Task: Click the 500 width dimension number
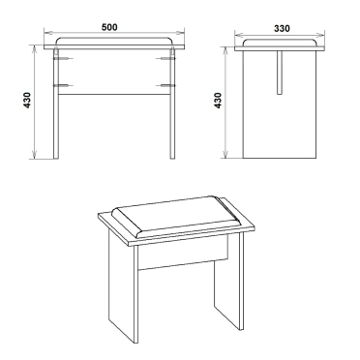(109, 27)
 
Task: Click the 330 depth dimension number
(282, 28)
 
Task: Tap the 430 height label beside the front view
(27, 100)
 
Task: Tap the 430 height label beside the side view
(218, 101)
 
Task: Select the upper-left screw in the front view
(64, 59)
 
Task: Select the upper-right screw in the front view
(165, 59)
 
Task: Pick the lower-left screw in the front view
(64, 85)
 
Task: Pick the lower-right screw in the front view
(165, 85)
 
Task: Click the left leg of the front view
(56, 104)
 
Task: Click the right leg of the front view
(172, 104)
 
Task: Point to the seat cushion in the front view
(114, 41)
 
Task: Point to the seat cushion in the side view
(280, 43)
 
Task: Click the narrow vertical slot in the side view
(280, 73)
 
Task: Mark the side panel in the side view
(280, 105)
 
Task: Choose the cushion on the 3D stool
(177, 217)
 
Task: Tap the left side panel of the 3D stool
(123, 287)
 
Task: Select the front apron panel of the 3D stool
(183, 253)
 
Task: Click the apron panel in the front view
(114, 72)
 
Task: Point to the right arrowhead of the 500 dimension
(180, 33)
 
